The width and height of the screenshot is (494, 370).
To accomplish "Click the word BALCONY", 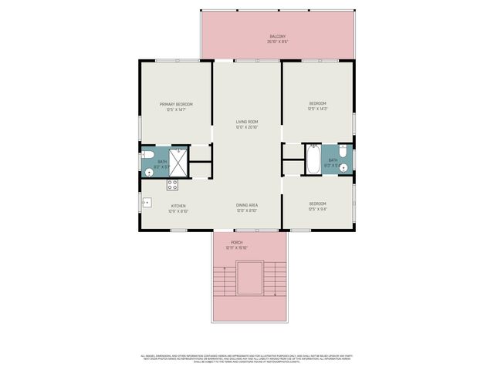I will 278,36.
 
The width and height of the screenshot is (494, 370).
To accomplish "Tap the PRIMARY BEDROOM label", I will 176,104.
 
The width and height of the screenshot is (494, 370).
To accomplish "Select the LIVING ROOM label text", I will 247,122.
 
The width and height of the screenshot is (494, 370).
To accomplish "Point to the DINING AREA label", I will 247,205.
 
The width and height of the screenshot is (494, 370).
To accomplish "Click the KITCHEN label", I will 178,206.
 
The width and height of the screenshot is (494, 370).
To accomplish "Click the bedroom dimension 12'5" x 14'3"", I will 318,109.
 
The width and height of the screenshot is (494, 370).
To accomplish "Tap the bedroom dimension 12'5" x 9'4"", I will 318,209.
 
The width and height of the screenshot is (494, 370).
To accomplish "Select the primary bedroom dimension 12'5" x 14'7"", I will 176,110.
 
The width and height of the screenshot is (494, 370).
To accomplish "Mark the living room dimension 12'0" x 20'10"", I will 247,127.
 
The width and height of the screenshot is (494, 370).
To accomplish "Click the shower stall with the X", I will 178,160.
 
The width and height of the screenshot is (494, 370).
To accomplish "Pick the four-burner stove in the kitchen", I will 173,185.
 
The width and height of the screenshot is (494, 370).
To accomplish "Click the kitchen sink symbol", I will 145,203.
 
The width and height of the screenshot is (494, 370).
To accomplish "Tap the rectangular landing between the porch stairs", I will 248,277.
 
